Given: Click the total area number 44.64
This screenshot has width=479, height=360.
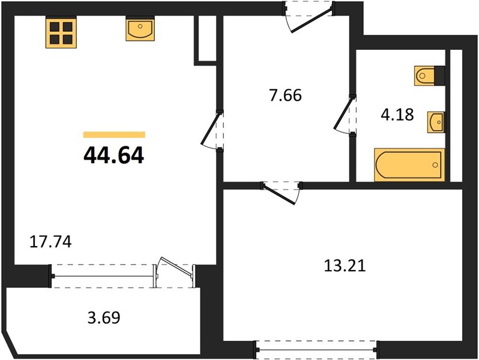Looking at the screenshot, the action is click(113, 155).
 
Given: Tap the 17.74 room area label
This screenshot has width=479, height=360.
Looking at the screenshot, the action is click(50, 242).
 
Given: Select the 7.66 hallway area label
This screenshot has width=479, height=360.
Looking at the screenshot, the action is click(285, 95).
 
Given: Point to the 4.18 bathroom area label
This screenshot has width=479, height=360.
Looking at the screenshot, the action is click(397, 115).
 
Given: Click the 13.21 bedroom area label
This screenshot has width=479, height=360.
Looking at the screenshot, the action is click(345, 266).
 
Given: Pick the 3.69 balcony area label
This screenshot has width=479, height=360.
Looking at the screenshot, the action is click(104, 317).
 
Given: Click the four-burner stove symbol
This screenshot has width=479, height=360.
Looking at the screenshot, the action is click(61, 32).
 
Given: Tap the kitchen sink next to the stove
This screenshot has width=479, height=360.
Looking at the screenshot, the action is click(140, 29).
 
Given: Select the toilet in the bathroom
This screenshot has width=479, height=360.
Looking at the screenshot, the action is click(424, 76).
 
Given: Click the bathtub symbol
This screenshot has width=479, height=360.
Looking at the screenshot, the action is click(409, 165).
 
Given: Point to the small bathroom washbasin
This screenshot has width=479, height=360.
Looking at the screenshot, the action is click(436, 122).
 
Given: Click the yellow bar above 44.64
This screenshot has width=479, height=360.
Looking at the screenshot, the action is click(114, 134).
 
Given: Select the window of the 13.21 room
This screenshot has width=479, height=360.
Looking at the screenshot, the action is click(316, 349).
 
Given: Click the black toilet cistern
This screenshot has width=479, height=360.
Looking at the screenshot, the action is click(439, 76).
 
